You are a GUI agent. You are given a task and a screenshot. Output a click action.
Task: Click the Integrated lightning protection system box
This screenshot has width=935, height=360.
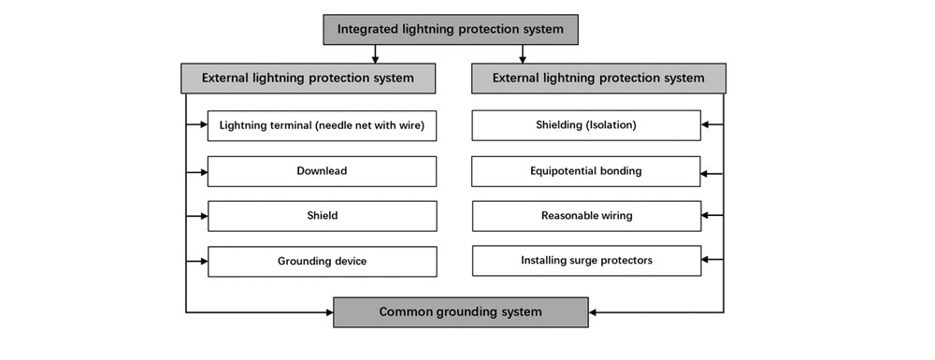(x=451, y=29)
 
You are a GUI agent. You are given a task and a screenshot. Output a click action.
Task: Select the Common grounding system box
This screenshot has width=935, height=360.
(x=461, y=312)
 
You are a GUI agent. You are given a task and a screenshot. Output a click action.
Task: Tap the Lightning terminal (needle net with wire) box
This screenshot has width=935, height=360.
(x=322, y=125)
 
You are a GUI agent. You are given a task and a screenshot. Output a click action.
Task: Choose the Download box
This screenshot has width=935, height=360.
(x=322, y=171)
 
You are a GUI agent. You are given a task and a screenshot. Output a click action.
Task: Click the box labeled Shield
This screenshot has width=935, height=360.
(x=322, y=216)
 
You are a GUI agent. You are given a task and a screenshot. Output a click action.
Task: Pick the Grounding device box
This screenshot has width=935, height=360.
(x=322, y=262)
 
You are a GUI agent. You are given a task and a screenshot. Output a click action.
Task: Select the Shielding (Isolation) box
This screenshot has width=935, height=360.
(x=586, y=125)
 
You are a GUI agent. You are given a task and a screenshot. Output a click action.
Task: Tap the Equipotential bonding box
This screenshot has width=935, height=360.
(x=586, y=171)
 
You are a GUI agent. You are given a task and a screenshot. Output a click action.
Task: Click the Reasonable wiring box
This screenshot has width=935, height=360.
(x=586, y=216)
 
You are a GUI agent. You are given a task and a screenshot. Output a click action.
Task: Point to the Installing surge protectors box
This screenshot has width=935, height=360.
(x=586, y=261)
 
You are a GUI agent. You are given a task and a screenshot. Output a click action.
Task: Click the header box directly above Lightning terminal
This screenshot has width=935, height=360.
(x=308, y=79)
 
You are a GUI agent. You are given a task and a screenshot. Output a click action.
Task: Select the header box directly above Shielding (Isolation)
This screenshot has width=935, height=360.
(x=598, y=79)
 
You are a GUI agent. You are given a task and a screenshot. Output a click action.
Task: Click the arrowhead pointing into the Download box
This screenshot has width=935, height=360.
(x=203, y=171)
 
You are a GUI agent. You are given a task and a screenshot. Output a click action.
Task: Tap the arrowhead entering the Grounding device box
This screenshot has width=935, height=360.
(x=203, y=262)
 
